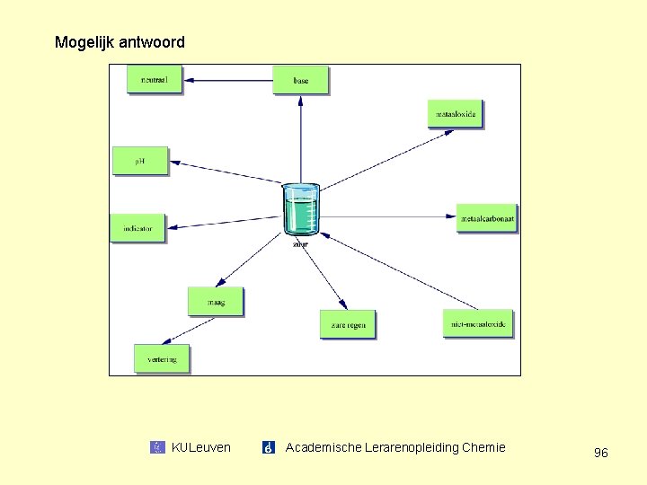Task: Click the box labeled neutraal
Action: [x=155, y=80]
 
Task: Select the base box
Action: [x=300, y=80]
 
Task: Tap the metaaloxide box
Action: [x=456, y=114]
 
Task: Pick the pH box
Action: [x=140, y=161]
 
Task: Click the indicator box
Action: [x=137, y=228]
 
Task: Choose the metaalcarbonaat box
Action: [x=487, y=217]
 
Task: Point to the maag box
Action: [x=216, y=302]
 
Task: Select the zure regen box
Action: [x=347, y=324]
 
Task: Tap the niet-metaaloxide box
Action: [x=478, y=323]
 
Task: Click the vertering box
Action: [x=162, y=358]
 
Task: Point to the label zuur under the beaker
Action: [x=300, y=243]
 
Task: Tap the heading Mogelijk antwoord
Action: [x=120, y=42]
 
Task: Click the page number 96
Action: [x=600, y=453]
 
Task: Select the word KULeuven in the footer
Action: [x=200, y=447]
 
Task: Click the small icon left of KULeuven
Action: [x=157, y=447]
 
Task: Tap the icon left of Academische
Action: [x=268, y=447]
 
